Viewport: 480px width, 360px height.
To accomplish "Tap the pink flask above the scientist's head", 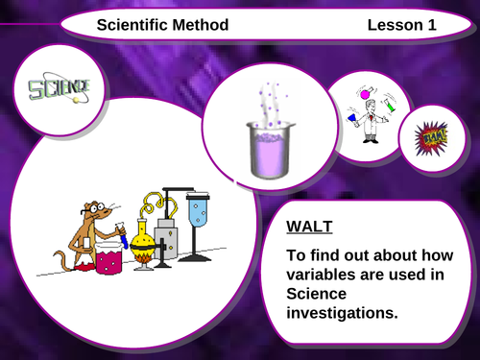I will tap(364, 94).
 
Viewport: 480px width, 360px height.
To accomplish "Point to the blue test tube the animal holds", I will tap(123, 230).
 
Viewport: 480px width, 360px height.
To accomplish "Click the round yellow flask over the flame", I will tap(143, 234).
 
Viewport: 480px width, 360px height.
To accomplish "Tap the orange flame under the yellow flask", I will tap(143, 256).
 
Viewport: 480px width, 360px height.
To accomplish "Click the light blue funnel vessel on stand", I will tap(198, 210).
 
